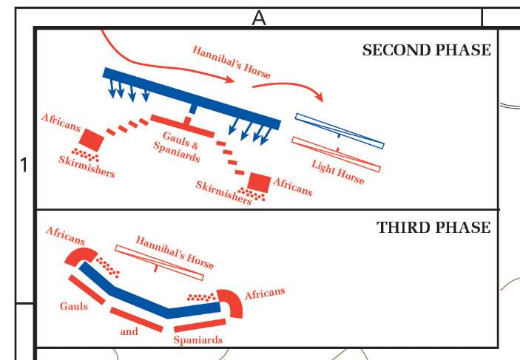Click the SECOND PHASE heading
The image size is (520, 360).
point(426,50)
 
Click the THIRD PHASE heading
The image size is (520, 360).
point(433,227)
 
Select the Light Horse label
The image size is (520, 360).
point(338,172)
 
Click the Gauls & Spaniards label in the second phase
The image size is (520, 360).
point(177,150)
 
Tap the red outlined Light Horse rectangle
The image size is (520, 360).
point(336,154)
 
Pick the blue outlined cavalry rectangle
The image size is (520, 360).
point(339,131)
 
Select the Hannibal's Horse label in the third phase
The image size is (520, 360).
point(175,251)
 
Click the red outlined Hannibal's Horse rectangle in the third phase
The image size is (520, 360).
point(159,262)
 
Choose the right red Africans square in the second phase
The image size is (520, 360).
point(259,182)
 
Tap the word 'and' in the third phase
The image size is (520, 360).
point(129,331)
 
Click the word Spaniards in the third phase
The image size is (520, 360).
point(197,340)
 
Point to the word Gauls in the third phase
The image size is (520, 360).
point(74,305)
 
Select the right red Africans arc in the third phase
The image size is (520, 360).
point(231,302)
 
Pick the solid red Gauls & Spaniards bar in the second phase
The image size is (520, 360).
point(182,126)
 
